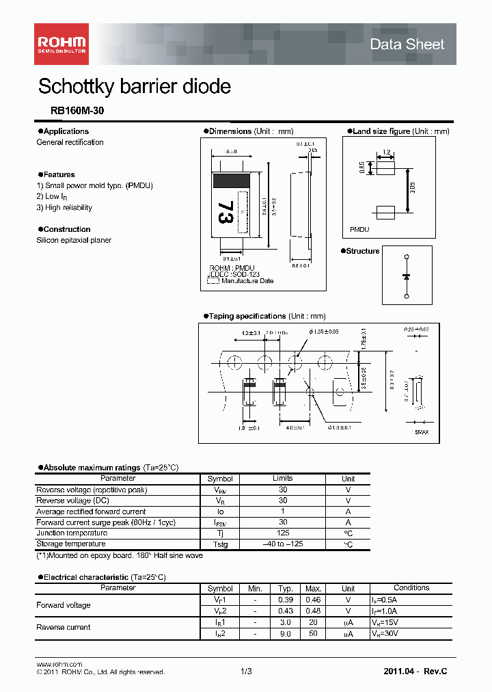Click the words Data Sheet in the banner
pyautogui.click(x=407, y=44)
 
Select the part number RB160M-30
pyautogui.click(x=77, y=111)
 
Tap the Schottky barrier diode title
pyautogui.click(x=135, y=87)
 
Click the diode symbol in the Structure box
pyautogui.click(x=407, y=276)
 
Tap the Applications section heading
pyautogui.click(x=66, y=131)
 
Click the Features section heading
pyautogui.click(x=59, y=175)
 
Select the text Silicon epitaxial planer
pyautogui.click(x=74, y=241)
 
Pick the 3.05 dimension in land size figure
pyautogui.click(x=412, y=188)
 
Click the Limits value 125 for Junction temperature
pyautogui.click(x=283, y=533)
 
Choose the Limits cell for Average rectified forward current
pyautogui.click(x=283, y=511)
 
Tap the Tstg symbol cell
pyautogui.click(x=220, y=544)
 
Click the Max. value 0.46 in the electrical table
pyautogui.click(x=314, y=599)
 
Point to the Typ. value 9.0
pyautogui.click(x=285, y=633)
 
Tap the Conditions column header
pyautogui.click(x=411, y=588)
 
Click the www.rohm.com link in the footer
pyautogui.click(x=59, y=664)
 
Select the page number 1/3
pyautogui.click(x=246, y=671)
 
